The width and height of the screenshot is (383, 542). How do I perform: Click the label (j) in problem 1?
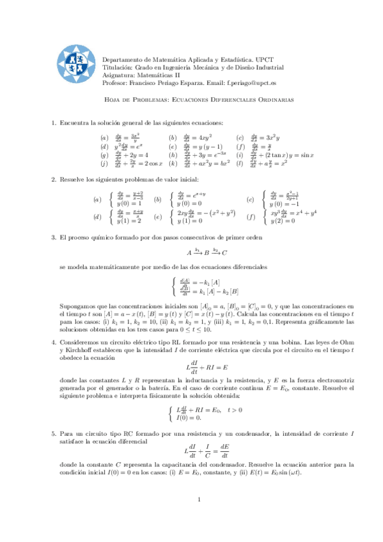[104, 164]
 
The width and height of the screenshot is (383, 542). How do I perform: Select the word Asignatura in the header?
[118, 75]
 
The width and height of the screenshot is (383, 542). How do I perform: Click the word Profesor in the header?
[116, 83]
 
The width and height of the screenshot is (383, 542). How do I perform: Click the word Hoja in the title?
[113, 100]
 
